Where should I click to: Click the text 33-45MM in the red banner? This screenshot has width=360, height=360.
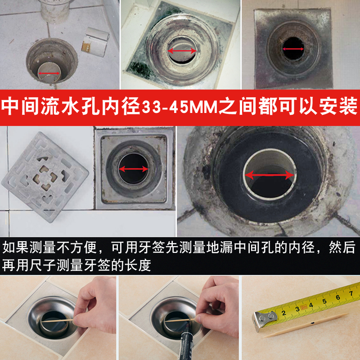pyautogui.click(x=180, y=108)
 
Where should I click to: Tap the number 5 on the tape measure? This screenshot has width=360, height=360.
pyautogui.click(x=324, y=301)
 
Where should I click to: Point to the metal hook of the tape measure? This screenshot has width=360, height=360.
pyautogui.click(x=263, y=320)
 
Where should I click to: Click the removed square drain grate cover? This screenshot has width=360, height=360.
pyautogui.click(x=45, y=177)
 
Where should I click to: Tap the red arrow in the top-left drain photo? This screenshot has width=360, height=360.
pyautogui.click(x=49, y=73)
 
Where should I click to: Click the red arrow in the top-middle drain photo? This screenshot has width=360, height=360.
pyautogui.click(x=182, y=50)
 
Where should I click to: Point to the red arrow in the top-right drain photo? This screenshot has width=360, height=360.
pyautogui.click(x=293, y=49)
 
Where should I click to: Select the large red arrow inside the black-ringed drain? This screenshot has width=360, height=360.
pyautogui.click(x=270, y=175)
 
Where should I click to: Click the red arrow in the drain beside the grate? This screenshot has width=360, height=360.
pyautogui.click(x=134, y=169)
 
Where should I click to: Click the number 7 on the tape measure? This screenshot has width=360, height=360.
pyautogui.click(x=351, y=293)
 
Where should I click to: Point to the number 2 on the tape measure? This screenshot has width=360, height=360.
pyautogui.click(x=284, y=313)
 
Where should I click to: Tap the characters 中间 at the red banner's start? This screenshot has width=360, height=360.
pyautogui.click(x=20, y=107)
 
